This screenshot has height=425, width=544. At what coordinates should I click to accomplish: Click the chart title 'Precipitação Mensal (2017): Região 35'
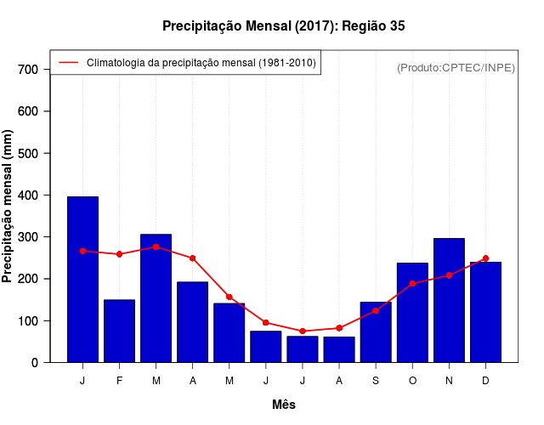284,26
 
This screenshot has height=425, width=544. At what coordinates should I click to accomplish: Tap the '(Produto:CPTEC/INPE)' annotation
456,67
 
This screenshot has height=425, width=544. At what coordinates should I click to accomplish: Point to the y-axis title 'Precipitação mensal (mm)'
8,206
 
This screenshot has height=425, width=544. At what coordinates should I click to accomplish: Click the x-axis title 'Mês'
284,405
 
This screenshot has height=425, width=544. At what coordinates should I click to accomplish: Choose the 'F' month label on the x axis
120,381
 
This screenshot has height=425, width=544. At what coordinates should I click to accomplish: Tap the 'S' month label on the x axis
376,381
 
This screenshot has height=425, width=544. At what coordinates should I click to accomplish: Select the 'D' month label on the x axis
485,381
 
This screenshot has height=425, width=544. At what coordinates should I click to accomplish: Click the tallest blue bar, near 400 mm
82,280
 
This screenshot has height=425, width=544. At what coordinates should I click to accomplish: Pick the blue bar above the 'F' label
120,331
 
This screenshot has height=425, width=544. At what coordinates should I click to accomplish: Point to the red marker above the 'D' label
485,258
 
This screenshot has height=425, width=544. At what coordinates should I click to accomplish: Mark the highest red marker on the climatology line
156,246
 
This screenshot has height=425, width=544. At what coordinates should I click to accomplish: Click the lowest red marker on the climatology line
303,331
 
